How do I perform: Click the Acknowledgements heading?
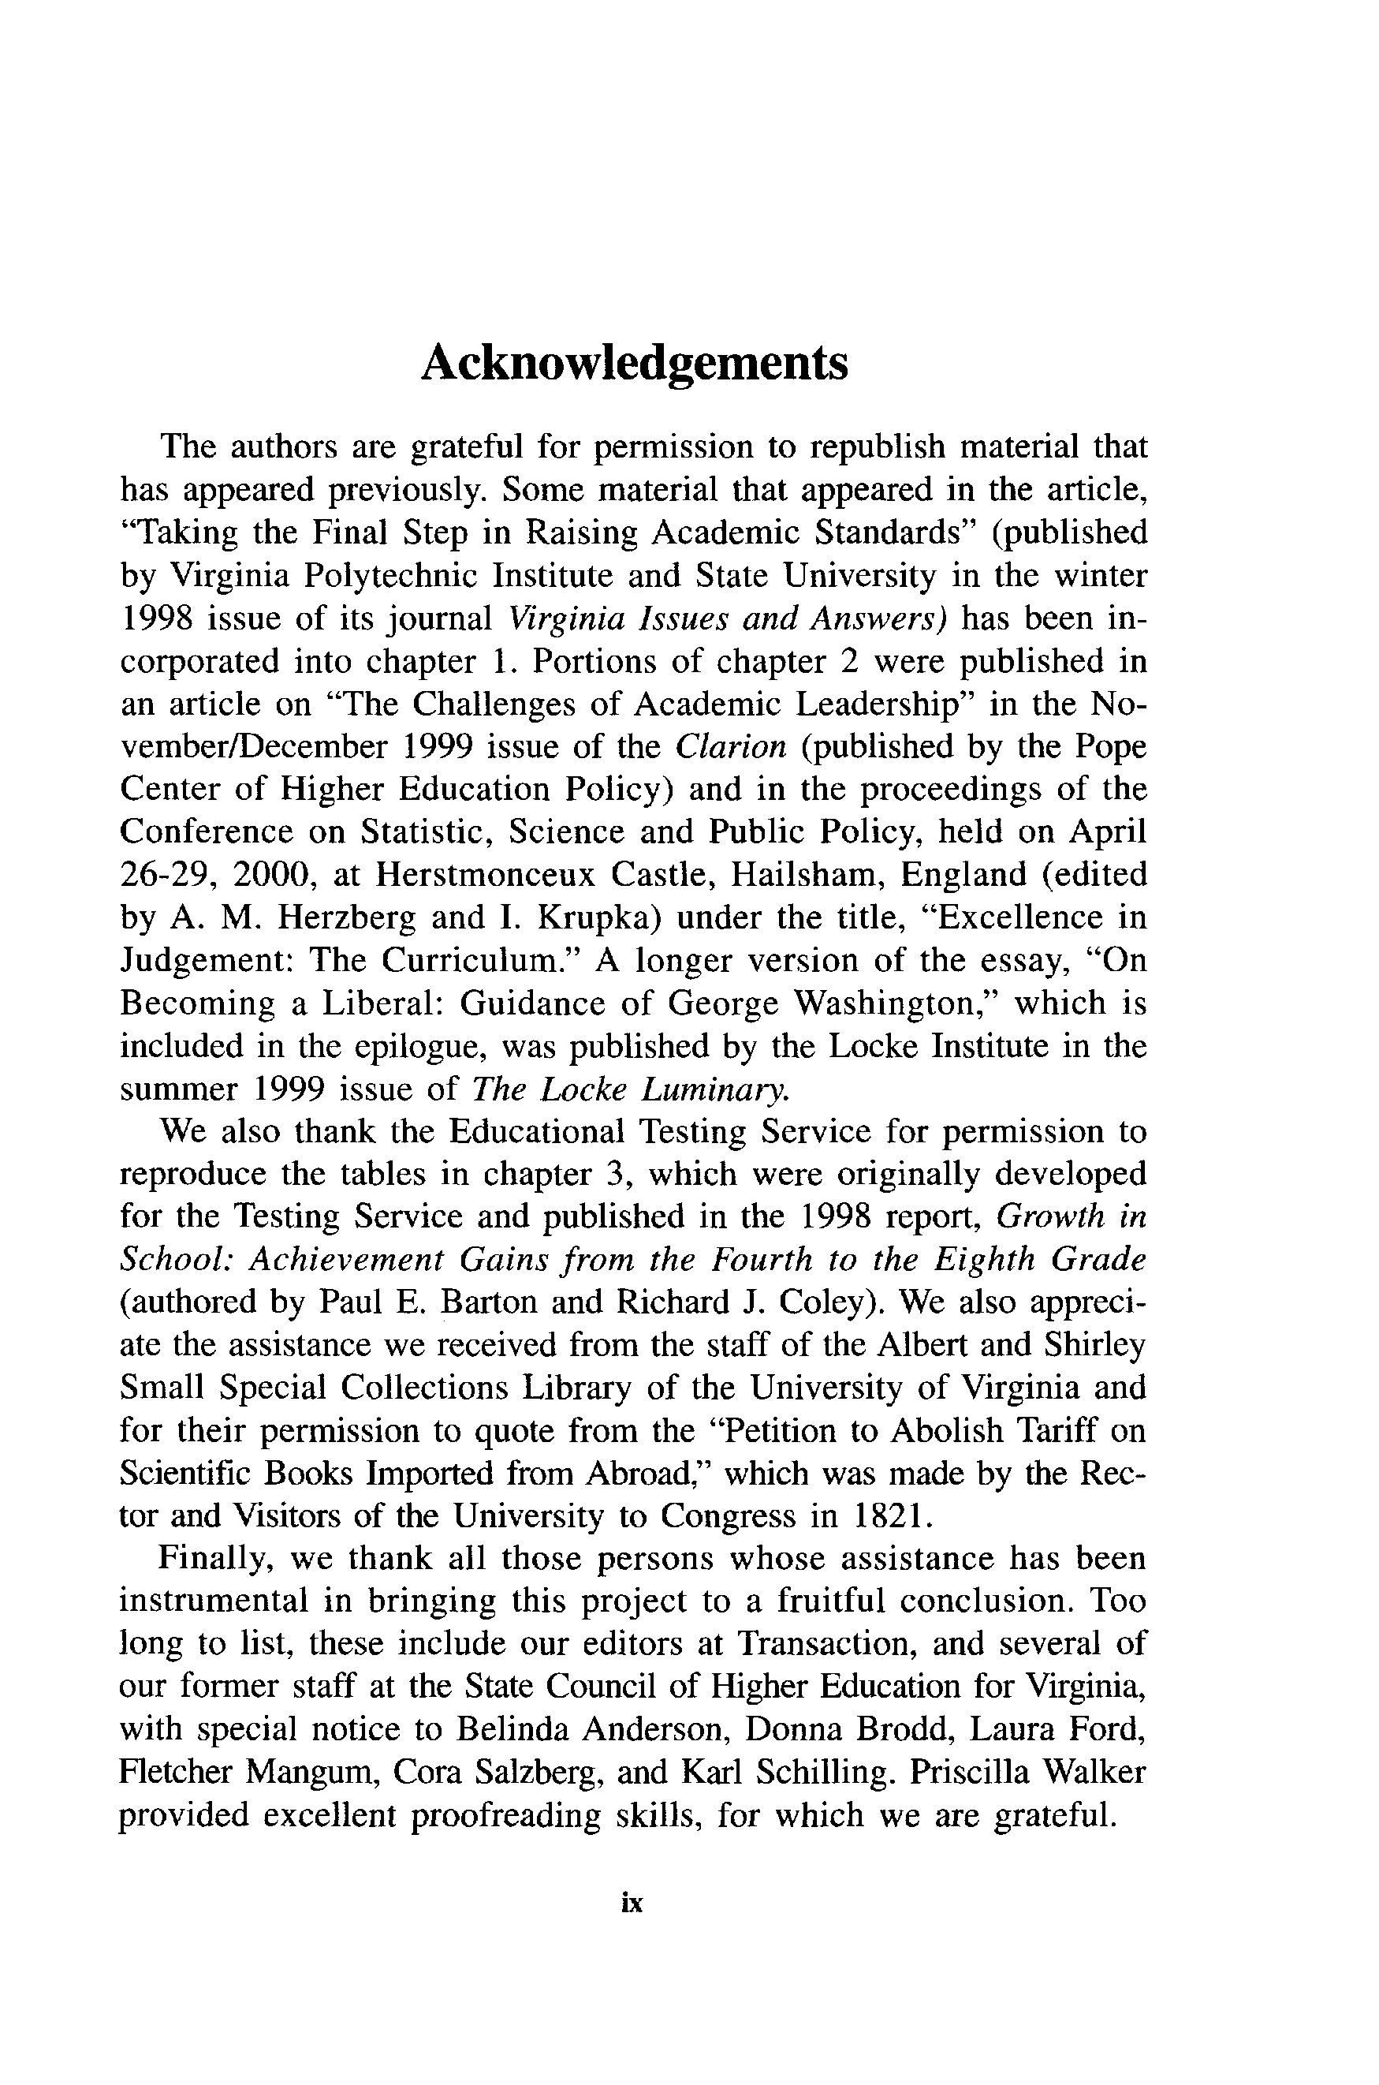634,362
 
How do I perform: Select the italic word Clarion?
730,747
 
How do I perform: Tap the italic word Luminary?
714,1089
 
